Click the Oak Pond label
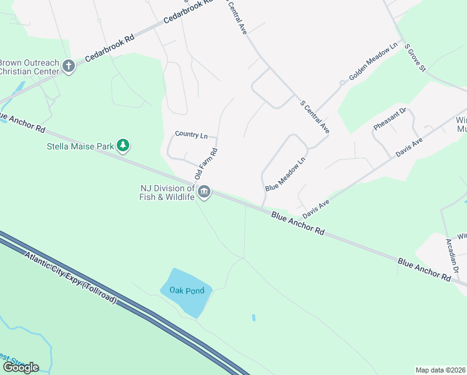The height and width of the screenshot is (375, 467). [x=187, y=291]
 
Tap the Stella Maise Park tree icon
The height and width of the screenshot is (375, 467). [x=124, y=146]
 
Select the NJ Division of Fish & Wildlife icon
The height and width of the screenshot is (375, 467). [x=205, y=192]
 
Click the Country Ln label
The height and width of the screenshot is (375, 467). [x=191, y=134]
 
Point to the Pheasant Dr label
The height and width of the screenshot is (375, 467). [x=390, y=119]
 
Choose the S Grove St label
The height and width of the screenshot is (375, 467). [x=415, y=57]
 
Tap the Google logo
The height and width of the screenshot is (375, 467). [x=20, y=367]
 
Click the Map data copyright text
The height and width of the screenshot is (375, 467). [x=441, y=370]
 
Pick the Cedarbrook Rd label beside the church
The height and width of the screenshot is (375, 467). [x=110, y=47]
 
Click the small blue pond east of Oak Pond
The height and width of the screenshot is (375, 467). [x=253, y=317]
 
